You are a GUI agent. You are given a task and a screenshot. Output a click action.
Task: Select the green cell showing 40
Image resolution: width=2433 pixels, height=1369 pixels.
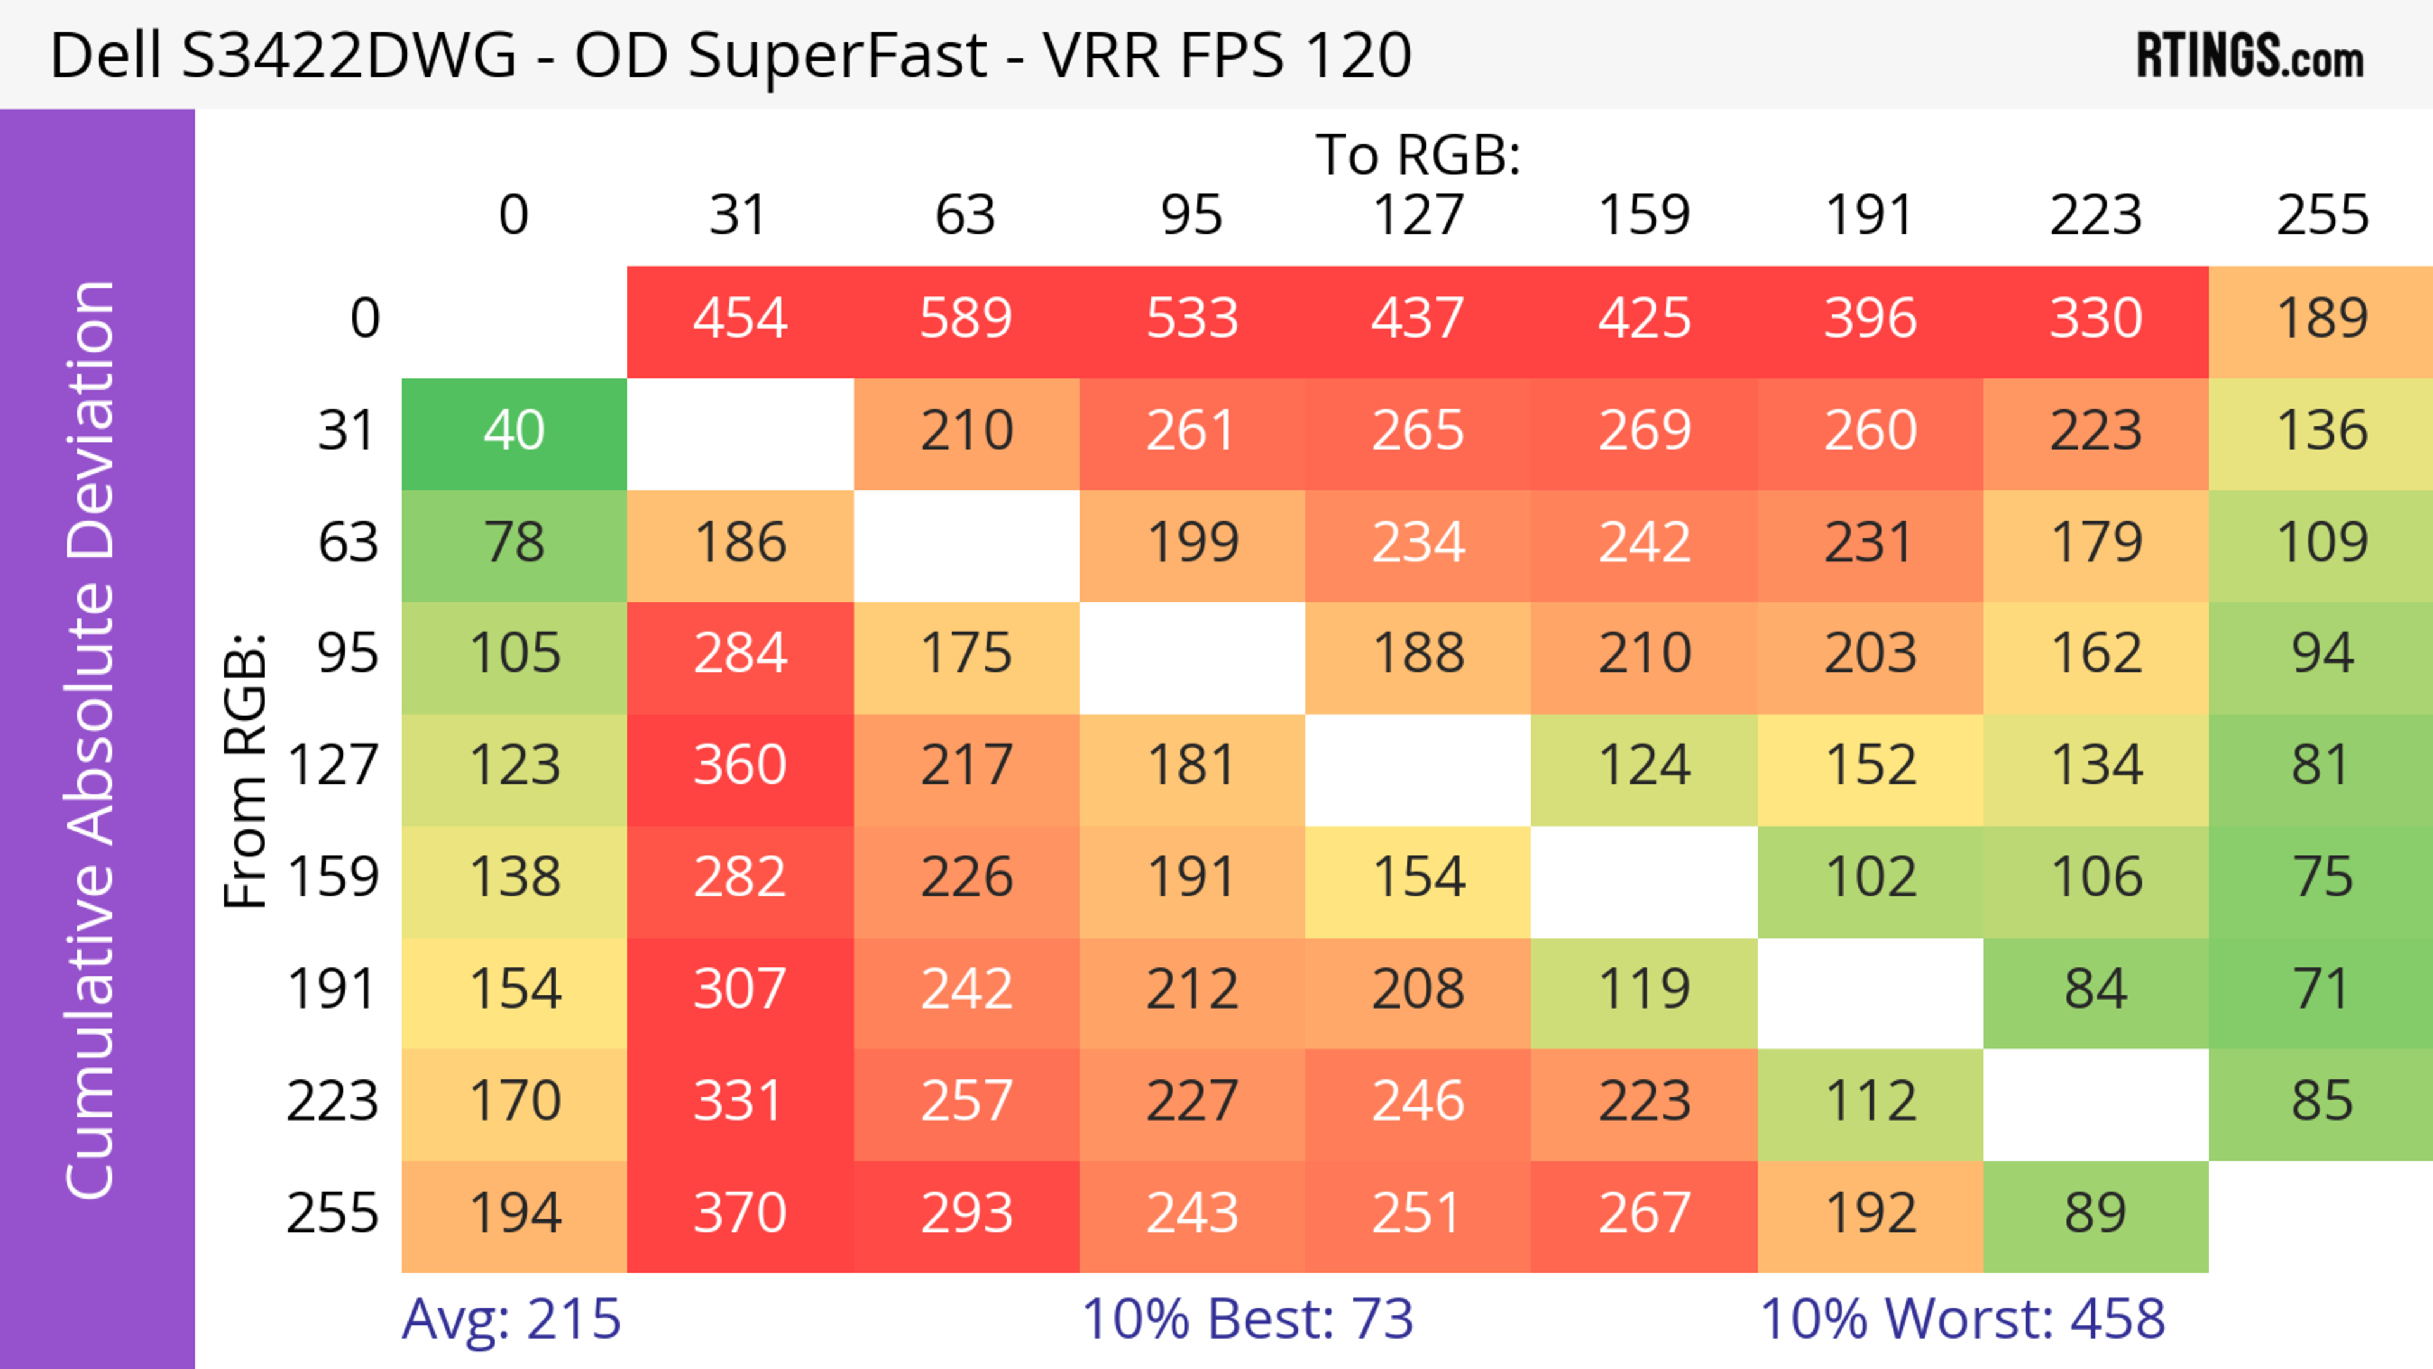514,431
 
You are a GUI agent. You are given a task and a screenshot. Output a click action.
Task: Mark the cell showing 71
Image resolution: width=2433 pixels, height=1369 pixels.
2321,990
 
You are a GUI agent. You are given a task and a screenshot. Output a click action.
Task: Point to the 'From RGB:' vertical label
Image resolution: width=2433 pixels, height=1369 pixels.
246,770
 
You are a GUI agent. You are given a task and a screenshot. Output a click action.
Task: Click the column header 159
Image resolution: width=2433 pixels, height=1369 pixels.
1644,215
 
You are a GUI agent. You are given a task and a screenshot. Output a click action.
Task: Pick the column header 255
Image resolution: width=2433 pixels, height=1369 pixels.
2321,215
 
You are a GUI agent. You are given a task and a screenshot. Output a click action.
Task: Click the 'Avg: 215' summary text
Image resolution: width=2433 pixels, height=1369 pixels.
511,1319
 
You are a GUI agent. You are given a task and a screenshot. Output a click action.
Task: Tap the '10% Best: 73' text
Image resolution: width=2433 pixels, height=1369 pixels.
1247,1319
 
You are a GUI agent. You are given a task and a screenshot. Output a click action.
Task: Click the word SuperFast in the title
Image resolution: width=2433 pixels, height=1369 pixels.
837,54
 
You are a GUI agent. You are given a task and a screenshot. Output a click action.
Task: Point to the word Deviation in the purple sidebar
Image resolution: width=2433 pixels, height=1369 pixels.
92,420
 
